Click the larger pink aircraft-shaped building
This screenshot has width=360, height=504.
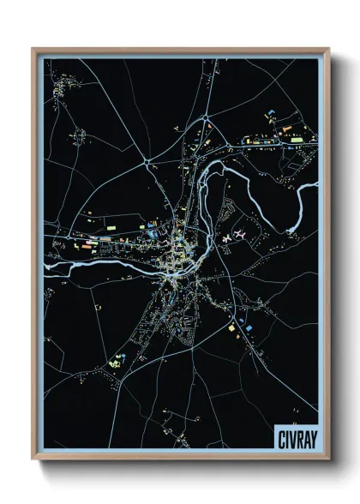(241, 232)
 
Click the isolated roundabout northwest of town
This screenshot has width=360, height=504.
(149, 159)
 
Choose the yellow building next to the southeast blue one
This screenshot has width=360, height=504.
(231, 327)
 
